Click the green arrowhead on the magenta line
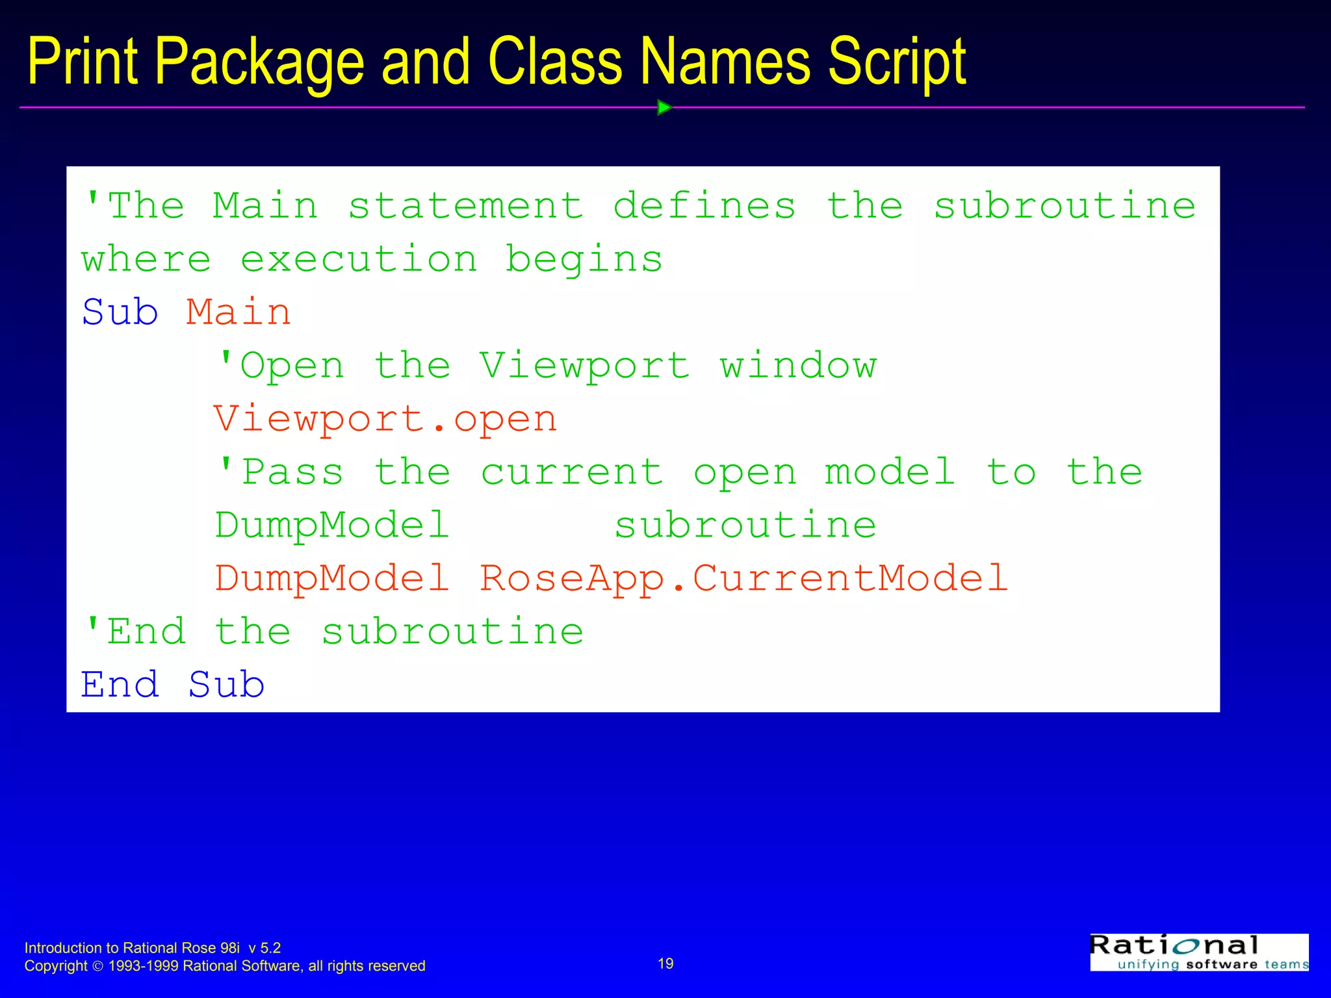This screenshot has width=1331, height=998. (x=664, y=107)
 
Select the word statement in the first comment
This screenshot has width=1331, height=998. (x=465, y=206)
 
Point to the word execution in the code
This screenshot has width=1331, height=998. (x=359, y=260)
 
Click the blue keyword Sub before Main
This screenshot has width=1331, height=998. (x=120, y=313)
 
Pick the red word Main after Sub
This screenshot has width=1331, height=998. (x=239, y=313)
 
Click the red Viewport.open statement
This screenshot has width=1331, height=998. (x=385, y=419)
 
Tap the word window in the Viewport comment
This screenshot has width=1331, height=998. (x=798, y=366)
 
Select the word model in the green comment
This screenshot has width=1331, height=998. (x=890, y=472)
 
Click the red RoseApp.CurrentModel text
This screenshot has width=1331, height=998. (x=743, y=578)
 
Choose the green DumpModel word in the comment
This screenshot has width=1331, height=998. (x=332, y=526)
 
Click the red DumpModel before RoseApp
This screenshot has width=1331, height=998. (x=332, y=578)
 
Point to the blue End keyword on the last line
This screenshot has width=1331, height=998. (x=120, y=685)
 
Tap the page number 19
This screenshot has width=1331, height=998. (x=665, y=964)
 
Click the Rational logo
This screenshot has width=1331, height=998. (x=1198, y=953)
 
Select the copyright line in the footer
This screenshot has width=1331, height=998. (x=225, y=966)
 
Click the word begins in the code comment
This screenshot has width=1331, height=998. (x=584, y=260)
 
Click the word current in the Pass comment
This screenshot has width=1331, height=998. (x=572, y=472)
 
